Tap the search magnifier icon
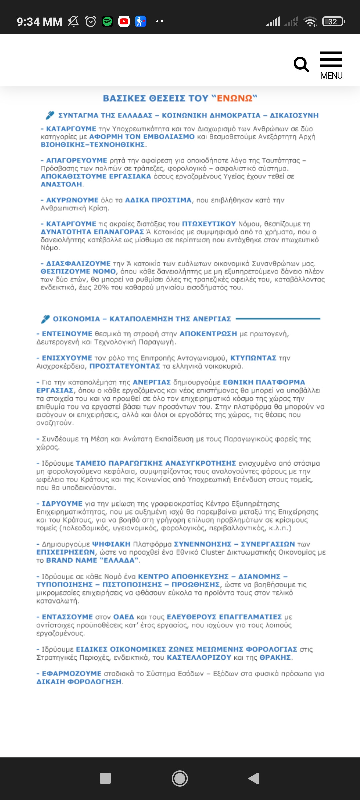pos(301,64)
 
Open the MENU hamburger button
pos(331,65)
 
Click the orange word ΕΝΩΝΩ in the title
pos(235,98)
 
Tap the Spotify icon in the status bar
pos(107,22)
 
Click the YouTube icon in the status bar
pos(124,22)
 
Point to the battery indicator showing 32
pos(333,22)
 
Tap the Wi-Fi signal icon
pos(310,22)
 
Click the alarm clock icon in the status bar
pos(91,22)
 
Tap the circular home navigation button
pos(180,778)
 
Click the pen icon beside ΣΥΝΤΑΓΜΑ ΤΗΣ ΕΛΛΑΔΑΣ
pos(50,115)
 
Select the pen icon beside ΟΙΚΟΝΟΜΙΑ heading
pos(45,319)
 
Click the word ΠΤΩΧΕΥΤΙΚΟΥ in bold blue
pos(209,224)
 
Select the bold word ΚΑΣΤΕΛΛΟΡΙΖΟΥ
pos(199,657)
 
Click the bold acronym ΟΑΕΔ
pos(123,617)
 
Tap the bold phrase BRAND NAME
pos(71,560)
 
